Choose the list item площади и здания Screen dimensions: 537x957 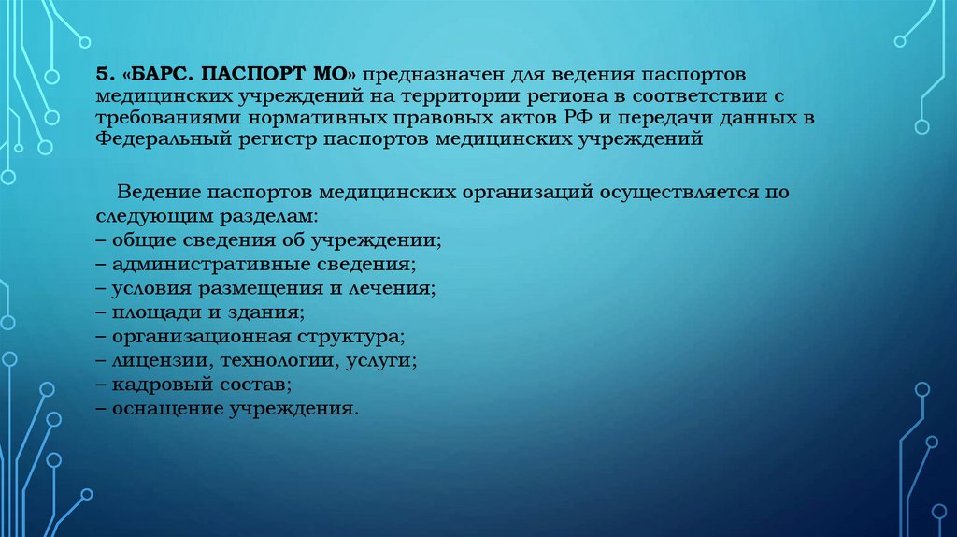point(201,312)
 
